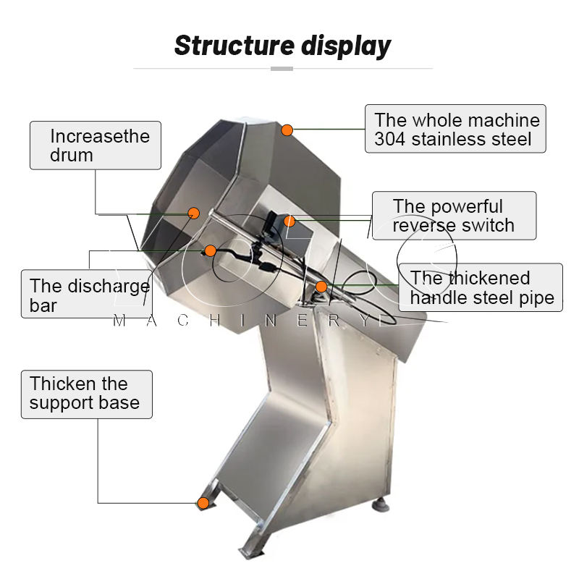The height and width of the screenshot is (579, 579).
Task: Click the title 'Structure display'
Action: (282, 45)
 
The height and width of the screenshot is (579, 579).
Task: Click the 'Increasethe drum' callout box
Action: (95, 145)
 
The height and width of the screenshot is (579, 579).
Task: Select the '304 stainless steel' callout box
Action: (456, 130)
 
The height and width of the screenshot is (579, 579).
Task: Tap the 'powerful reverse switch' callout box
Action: (454, 216)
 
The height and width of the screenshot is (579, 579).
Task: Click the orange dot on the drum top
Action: (287, 130)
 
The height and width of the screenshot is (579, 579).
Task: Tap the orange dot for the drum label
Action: (194, 213)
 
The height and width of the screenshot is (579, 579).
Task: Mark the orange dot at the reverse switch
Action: (289, 220)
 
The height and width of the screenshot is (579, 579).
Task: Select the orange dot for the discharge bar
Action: (210, 250)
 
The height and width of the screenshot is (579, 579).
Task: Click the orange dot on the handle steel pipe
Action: (321, 287)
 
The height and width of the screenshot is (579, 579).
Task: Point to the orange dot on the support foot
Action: (203, 502)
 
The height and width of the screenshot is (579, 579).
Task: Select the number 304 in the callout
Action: (391, 139)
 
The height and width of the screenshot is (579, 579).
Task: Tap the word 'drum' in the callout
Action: (72, 155)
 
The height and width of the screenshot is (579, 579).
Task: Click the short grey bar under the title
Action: (282, 69)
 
